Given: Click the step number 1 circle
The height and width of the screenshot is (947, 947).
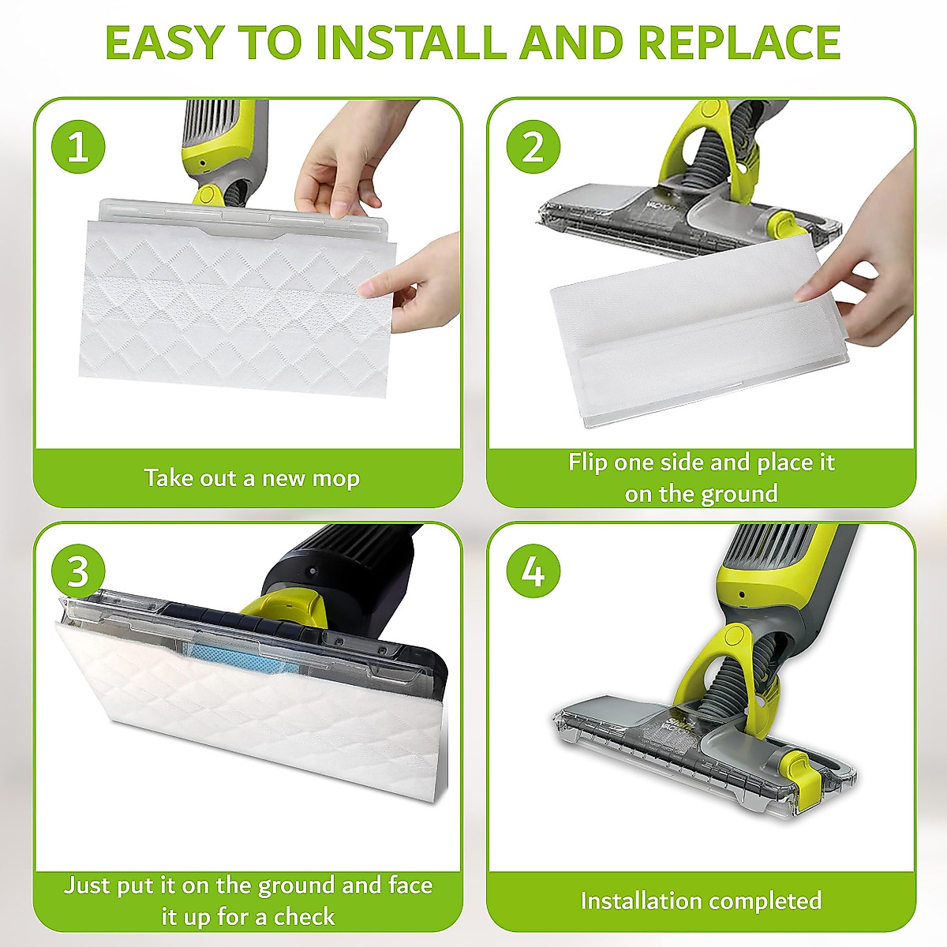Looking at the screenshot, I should [x=78, y=147].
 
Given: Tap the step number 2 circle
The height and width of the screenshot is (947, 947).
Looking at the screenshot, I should [x=533, y=147].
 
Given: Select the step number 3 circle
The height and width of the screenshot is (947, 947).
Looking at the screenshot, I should [x=78, y=571].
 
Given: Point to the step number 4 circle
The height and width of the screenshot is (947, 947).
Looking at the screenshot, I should [x=533, y=571].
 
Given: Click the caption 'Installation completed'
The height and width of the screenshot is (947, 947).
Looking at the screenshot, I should [x=701, y=900].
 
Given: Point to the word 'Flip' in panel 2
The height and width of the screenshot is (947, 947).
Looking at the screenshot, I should [x=588, y=462].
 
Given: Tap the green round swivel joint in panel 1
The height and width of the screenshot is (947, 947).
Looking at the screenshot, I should [x=208, y=195].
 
